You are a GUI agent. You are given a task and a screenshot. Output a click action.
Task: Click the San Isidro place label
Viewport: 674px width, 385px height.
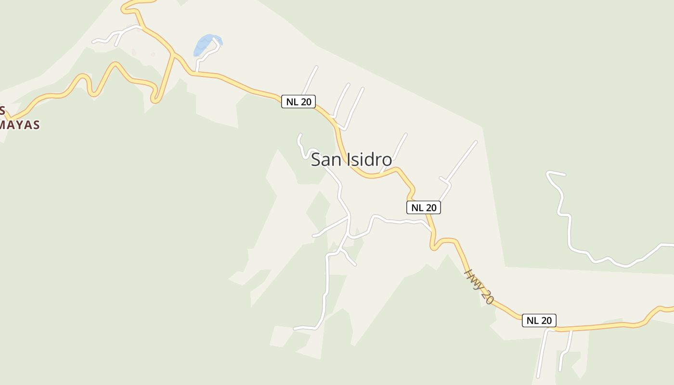tap(351, 159)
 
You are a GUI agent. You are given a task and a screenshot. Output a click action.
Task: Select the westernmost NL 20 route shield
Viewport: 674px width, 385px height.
tap(298, 102)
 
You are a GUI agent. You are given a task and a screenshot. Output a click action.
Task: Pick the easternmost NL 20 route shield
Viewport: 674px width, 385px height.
tap(539, 321)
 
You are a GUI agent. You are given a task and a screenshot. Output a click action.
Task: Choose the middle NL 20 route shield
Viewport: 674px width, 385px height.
tap(424, 207)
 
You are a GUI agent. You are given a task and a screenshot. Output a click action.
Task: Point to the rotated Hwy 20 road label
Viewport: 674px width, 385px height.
tap(479, 286)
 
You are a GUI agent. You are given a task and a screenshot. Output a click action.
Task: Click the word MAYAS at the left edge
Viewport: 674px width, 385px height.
tap(19, 125)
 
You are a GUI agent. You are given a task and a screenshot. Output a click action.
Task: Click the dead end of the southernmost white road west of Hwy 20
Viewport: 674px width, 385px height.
tap(295, 329)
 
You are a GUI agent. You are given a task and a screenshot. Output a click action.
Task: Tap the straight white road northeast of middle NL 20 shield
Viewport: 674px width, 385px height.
tap(460, 164)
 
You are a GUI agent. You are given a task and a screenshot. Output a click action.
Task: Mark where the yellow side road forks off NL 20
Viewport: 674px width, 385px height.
tap(172, 54)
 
